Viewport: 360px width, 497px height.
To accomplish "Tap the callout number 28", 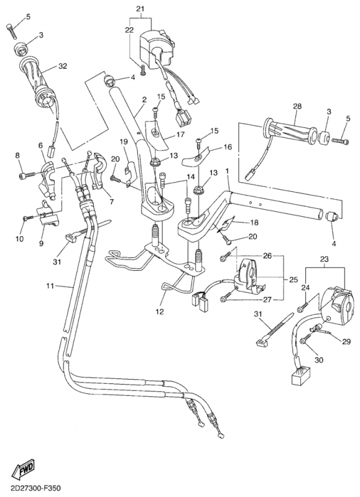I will (x=297, y=107).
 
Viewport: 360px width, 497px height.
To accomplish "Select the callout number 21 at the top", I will (x=139, y=8).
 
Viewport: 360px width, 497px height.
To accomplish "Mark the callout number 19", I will (x=123, y=142).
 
